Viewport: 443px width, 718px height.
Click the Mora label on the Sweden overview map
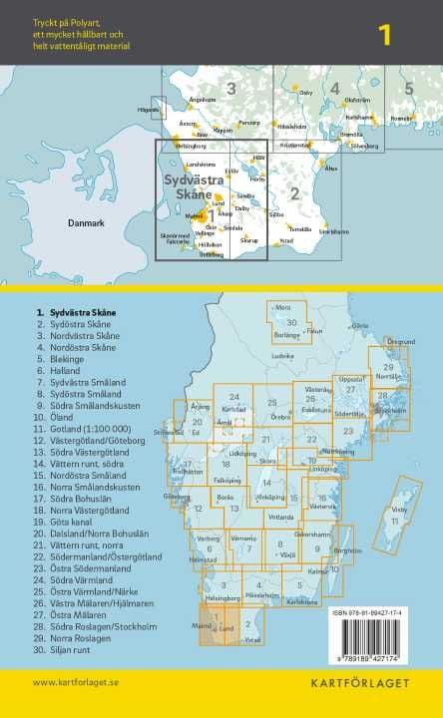tap(282, 307)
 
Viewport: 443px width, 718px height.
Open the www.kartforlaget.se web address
tap(76, 682)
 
